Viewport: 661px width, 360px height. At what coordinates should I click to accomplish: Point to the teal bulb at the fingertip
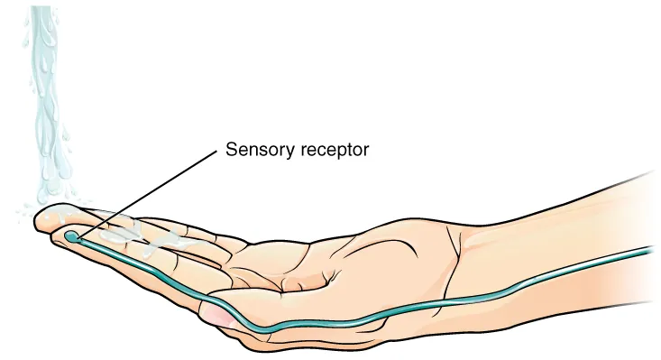(71, 236)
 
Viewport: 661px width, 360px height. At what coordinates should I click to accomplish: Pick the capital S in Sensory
(230, 149)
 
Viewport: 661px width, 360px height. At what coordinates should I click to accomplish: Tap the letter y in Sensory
(281, 152)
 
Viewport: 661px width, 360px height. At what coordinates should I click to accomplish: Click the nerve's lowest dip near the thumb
(266, 327)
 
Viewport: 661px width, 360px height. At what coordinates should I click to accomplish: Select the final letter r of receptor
(366, 150)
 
